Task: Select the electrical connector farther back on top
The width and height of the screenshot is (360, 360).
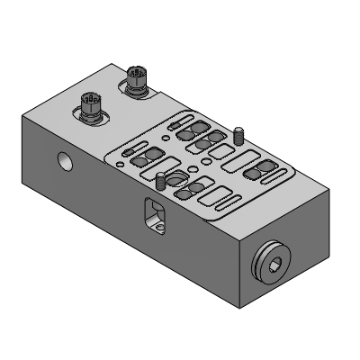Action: click(138, 79)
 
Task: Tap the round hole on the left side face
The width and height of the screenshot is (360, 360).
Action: click(65, 162)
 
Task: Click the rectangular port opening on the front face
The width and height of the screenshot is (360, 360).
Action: click(154, 215)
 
